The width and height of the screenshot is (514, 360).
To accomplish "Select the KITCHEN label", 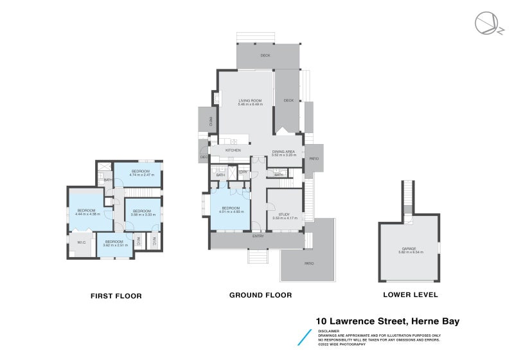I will [x=233, y=150].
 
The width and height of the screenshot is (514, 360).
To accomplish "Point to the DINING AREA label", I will [x=283, y=151].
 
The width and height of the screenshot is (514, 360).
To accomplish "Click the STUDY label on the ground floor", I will [x=285, y=215].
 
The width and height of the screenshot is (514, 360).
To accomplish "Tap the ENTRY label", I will [x=258, y=237].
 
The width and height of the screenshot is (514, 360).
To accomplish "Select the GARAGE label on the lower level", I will [x=409, y=248].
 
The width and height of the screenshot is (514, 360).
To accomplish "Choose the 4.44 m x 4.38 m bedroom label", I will [x=86, y=211].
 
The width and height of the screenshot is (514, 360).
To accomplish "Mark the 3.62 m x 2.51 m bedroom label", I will [x=116, y=242].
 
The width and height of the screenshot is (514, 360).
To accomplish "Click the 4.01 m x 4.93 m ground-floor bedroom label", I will [x=231, y=208].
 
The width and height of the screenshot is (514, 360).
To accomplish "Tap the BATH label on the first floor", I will [x=109, y=180].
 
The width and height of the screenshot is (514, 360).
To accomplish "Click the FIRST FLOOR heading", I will [x=116, y=296].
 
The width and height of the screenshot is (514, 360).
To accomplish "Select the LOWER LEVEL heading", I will [x=410, y=295].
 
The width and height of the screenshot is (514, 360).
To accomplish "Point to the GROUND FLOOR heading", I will [x=261, y=296].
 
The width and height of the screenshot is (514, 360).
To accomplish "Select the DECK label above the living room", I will [x=265, y=56].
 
